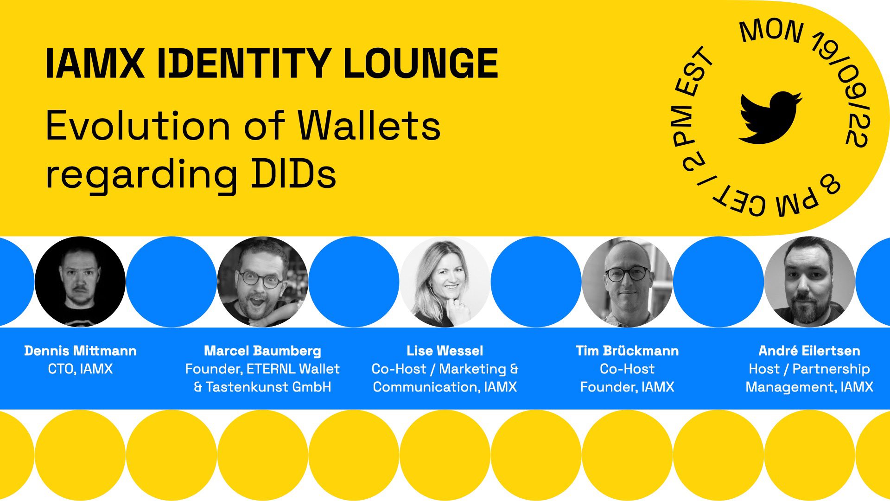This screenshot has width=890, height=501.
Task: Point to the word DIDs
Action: point(294,174)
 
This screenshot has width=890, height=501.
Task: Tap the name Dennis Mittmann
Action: point(80,351)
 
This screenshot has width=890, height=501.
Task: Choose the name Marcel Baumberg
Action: point(262,351)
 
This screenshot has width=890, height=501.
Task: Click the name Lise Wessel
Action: point(445,351)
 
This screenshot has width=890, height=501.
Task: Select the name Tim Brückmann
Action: point(627,351)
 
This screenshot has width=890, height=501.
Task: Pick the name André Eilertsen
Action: point(809,351)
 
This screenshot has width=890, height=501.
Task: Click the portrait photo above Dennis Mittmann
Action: point(80,282)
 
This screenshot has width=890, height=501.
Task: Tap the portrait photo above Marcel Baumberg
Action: point(262,282)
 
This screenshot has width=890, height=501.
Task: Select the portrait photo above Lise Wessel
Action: point(445,282)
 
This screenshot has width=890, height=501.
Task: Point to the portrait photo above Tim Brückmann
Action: point(627,282)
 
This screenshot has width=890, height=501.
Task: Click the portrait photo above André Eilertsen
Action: point(809,282)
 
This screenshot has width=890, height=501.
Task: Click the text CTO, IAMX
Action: point(80,369)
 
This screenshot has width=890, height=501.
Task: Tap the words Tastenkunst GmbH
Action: point(268,387)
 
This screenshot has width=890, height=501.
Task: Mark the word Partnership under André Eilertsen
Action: point(831,369)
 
